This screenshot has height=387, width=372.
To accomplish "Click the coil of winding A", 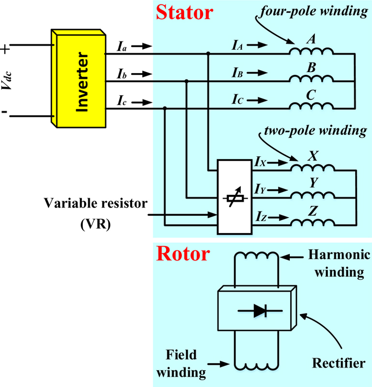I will [312, 50].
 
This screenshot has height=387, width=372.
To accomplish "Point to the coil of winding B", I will [312, 78].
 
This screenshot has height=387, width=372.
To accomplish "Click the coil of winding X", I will [312, 167].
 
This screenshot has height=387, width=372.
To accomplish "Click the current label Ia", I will [122, 46].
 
